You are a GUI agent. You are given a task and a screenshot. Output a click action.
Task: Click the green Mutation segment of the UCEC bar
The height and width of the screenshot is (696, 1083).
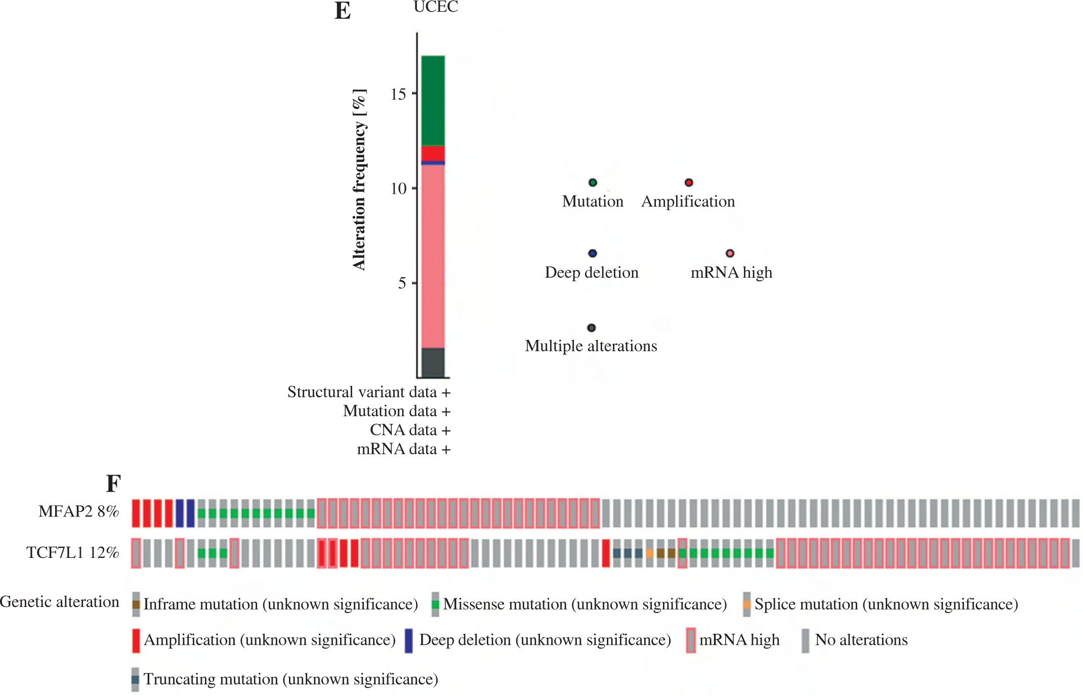click(x=433, y=101)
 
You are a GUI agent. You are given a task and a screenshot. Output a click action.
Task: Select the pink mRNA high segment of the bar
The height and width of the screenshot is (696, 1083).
click(x=433, y=256)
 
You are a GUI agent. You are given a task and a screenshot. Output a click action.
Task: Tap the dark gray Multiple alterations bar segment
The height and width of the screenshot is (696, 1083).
click(x=433, y=363)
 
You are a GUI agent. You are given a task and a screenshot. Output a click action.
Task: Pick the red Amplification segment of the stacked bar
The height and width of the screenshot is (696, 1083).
click(x=433, y=153)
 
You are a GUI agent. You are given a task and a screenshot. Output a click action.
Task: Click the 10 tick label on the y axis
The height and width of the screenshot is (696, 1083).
click(x=399, y=189)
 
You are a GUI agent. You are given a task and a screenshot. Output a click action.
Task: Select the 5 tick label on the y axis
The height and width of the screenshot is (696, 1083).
click(x=402, y=283)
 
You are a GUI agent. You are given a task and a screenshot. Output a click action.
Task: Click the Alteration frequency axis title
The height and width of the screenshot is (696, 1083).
click(x=359, y=180)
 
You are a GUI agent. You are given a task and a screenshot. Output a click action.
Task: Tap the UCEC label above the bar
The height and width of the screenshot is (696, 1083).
click(x=436, y=7)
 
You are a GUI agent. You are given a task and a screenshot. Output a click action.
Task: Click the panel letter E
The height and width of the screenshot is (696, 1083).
click(x=343, y=11)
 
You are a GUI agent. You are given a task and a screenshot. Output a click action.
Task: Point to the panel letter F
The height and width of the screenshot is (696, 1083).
click(x=113, y=484)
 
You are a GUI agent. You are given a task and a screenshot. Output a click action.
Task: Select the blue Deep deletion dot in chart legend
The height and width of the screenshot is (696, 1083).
click(x=593, y=253)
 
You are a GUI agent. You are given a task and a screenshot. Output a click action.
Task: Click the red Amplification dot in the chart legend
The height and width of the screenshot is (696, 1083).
click(x=689, y=183)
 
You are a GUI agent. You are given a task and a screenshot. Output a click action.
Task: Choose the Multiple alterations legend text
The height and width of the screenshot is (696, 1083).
click(x=591, y=346)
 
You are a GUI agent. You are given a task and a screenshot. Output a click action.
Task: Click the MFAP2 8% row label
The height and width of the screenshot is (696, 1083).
click(x=78, y=511)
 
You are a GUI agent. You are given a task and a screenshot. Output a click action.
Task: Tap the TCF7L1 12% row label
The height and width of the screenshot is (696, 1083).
click(x=72, y=552)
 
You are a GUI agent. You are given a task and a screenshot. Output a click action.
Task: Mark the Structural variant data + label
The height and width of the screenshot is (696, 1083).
click(x=369, y=392)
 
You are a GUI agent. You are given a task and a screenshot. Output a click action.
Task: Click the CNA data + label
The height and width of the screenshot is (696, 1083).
click(x=410, y=430)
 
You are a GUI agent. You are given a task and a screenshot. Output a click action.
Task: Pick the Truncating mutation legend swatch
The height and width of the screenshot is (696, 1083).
click(x=135, y=679)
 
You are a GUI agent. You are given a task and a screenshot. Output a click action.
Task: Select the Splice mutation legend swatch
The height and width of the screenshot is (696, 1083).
click(x=746, y=604)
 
